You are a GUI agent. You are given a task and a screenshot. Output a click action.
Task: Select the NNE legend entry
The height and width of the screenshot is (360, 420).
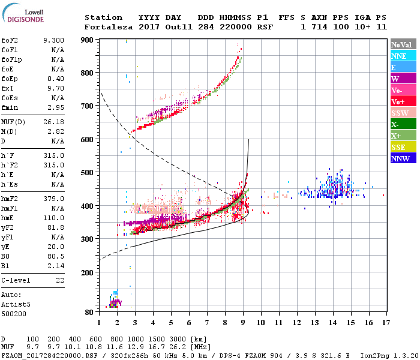click(399, 56)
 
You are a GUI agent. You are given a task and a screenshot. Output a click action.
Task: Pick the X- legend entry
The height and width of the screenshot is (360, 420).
click(396, 124)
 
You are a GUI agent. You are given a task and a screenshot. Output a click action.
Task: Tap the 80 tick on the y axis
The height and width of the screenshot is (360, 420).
click(89, 313)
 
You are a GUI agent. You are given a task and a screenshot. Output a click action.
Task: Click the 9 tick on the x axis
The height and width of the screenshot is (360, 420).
click(243, 323)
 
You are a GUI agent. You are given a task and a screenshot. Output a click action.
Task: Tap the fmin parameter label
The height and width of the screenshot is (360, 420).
click(11, 107)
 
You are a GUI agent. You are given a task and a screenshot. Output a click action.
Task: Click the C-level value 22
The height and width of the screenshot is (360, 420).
click(60, 280)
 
